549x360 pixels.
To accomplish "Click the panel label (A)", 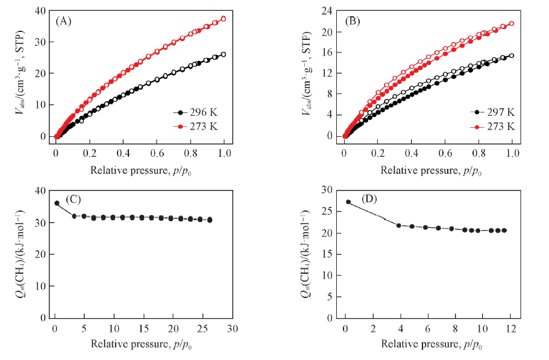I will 64,21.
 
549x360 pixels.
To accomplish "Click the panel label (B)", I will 353,21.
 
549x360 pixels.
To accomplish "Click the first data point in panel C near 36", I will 57,203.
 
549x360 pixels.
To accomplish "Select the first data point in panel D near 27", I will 348,202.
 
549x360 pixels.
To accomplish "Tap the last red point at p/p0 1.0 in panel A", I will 224,19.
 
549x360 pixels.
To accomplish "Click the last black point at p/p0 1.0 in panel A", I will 224,54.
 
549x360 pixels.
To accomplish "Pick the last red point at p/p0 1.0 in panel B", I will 512,24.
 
